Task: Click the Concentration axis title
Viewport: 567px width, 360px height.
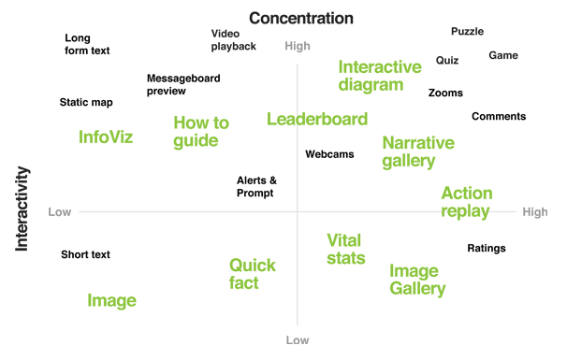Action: tap(301, 19)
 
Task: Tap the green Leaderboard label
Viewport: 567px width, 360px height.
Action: tap(317, 119)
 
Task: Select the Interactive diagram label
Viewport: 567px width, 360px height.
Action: tap(379, 76)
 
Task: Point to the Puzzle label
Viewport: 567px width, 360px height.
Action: tap(467, 31)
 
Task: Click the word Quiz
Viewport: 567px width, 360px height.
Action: tap(446, 61)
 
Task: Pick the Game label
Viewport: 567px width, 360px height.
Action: tap(502, 55)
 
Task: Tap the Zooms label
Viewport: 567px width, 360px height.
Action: tap(445, 93)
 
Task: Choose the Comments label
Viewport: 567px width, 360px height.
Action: tap(499, 117)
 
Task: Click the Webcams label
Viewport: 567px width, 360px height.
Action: tap(329, 154)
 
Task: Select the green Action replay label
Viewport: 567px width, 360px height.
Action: tap(466, 203)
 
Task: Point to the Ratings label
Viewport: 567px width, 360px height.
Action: tap(487, 249)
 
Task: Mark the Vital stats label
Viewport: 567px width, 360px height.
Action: tap(345, 249)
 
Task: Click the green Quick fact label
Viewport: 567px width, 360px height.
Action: tap(252, 274)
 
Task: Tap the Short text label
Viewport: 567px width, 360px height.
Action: tap(85, 254)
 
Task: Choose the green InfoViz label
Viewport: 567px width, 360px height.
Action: tap(106, 137)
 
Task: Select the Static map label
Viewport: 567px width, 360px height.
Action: tap(86, 103)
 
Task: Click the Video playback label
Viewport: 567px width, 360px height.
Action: tap(233, 40)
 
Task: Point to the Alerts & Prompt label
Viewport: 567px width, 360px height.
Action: tap(256, 187)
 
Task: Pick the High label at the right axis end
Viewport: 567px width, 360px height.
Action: tap(535, 212)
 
